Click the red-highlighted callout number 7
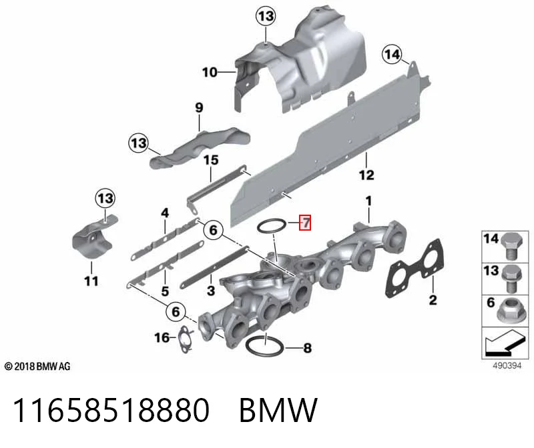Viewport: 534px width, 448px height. click(305, 223)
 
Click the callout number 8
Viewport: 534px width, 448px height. click(308, 348)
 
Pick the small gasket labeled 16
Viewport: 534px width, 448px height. click(185, 339)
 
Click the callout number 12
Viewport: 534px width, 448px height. click(366, 175)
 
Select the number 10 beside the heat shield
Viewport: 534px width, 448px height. click(210, 72)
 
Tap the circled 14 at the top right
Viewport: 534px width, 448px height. click(392, 55)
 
